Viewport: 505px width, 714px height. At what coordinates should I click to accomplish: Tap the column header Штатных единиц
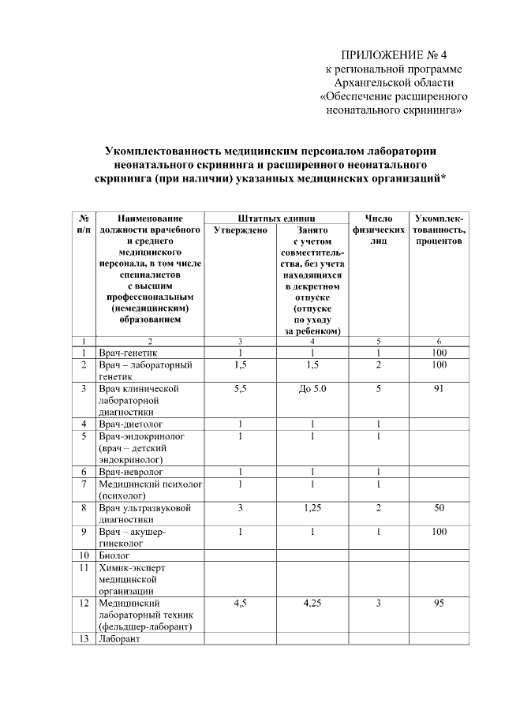(x=276, y=218)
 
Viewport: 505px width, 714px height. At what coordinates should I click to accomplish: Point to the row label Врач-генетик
(x=127, y=353)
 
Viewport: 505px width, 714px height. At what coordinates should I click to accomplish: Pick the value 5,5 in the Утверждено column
(x=240, y=389)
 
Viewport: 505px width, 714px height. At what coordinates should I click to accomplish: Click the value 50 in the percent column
(x=438, y=508)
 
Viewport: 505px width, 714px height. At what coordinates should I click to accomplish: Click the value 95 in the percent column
(x=438, y=604)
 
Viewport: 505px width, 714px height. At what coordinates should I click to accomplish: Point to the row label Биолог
(x=115, y=555)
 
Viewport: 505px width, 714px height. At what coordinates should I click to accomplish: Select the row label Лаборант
(x=118, y=639)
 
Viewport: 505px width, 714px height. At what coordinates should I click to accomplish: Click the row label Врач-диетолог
(x=129, y=424)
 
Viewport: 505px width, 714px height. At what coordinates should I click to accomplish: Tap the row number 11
(x=83, y=567)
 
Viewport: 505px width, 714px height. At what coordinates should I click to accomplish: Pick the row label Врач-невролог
(x=129, y=472)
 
